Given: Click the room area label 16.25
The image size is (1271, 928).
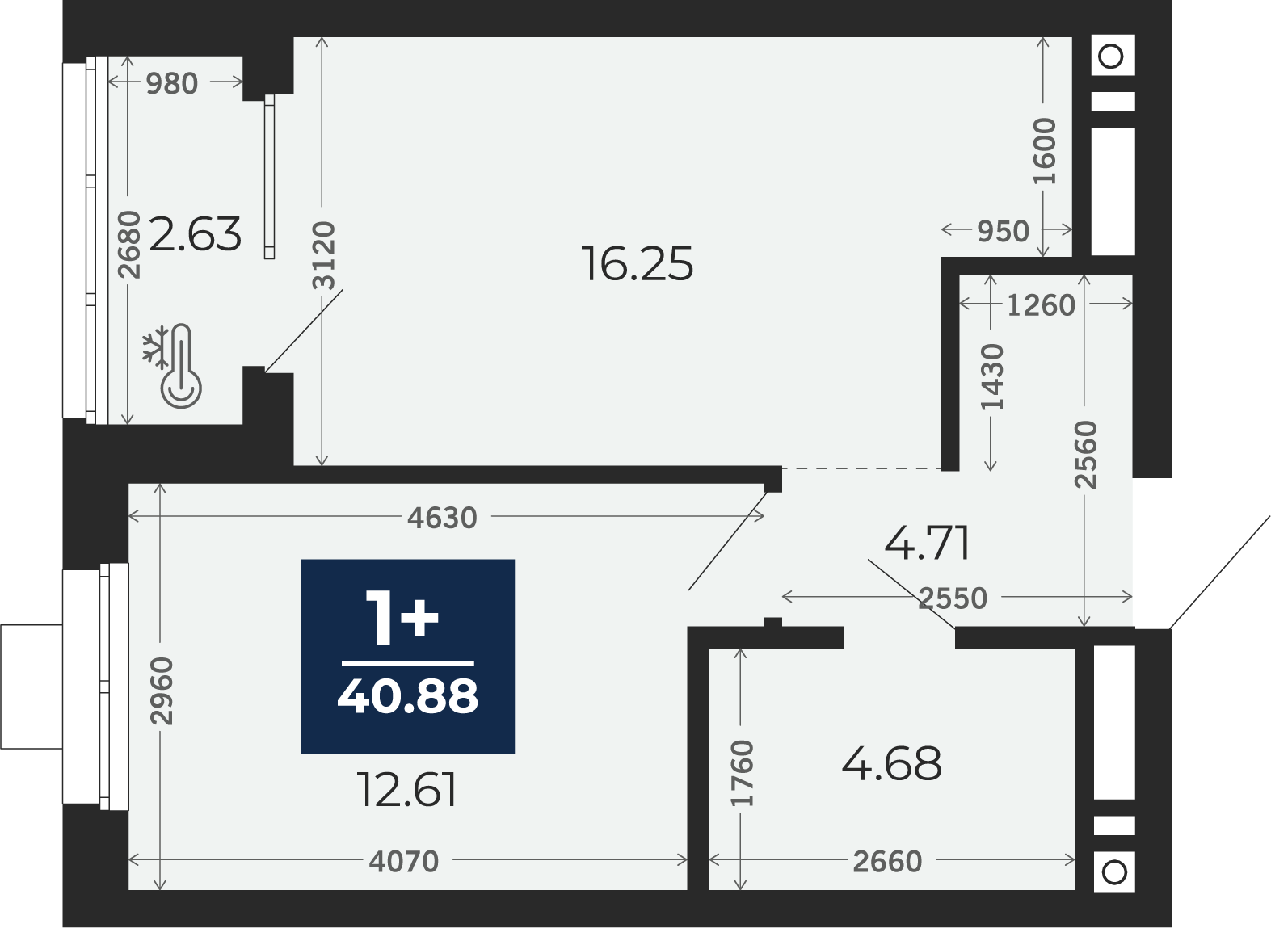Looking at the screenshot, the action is (x=638, y=264).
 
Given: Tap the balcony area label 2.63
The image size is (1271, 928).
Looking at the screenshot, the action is (x=195, y=233).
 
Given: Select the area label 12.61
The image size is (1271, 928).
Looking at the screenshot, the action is (x=407, y=790).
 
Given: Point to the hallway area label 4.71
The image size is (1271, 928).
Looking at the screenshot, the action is (x=927, y=544).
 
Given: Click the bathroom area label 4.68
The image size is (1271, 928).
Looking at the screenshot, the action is (x=891, y=763).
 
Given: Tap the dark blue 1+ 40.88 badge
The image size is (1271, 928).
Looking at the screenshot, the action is (x=407, y=657).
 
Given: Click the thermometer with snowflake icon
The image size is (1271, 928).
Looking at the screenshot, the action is (x=172, y=366).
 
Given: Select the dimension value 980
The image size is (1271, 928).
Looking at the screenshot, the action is (x=171, y=83).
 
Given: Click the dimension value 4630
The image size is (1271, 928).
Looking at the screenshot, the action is (x=442, y=518).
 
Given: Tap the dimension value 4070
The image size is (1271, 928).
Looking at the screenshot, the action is (x=404, y=861).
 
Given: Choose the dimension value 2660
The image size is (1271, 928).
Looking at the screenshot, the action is (x=887, y=861).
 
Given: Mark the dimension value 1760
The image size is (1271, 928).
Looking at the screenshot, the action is (x=743, y=773).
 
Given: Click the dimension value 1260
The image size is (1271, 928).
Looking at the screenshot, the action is (x=1042, y=305).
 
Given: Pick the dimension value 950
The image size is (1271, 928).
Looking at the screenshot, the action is (x=1004, y=231).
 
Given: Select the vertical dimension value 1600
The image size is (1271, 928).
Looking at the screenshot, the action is (x=1045, y=151).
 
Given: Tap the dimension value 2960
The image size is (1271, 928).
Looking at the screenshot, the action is (x=162, y=691).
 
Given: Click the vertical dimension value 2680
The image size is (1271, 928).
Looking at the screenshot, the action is (x=129, y=245).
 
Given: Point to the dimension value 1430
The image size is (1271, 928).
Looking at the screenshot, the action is (x=992, y=376).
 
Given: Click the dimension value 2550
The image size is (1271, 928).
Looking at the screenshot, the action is (x=953, y=598).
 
